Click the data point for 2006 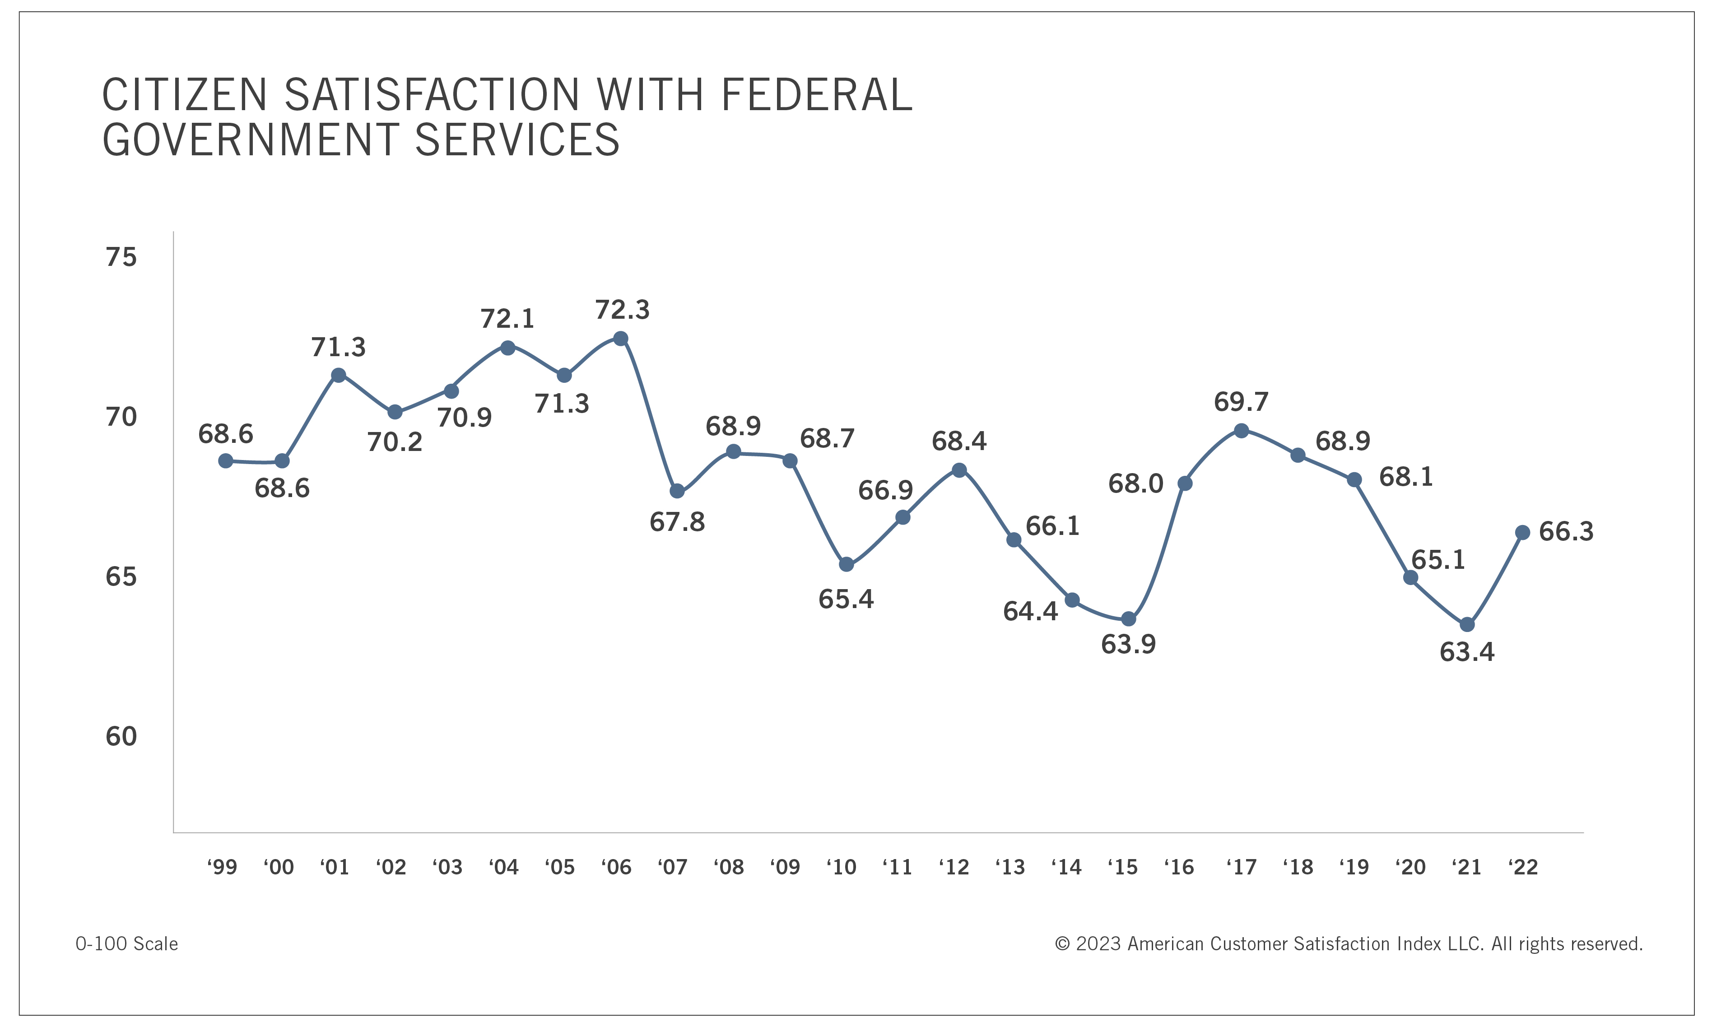point(621,339)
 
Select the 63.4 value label point(1466,652)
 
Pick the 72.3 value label point(622,310)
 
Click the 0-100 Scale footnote point(126,944)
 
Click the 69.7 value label point(1241,402)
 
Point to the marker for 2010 point(847,565)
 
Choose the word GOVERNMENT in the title point(251,140)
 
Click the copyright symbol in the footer point(1062,944)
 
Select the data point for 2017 point(1242,431)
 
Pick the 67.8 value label point(677,522)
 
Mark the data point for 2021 point(1467,625)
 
